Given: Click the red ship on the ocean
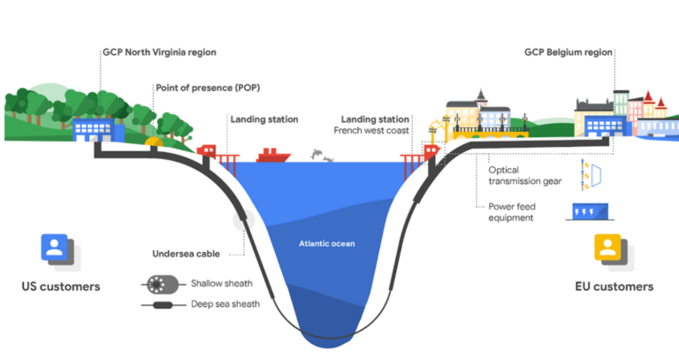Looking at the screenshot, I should point(273,156).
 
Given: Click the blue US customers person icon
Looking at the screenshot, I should point(55,248).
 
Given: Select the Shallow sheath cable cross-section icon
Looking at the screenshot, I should point(160,286).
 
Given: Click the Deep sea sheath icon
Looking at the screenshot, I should point(162,306).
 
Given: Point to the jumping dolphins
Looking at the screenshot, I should point(323,157).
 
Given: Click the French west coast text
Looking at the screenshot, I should point(371,130).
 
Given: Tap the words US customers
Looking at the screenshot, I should point(61,287).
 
